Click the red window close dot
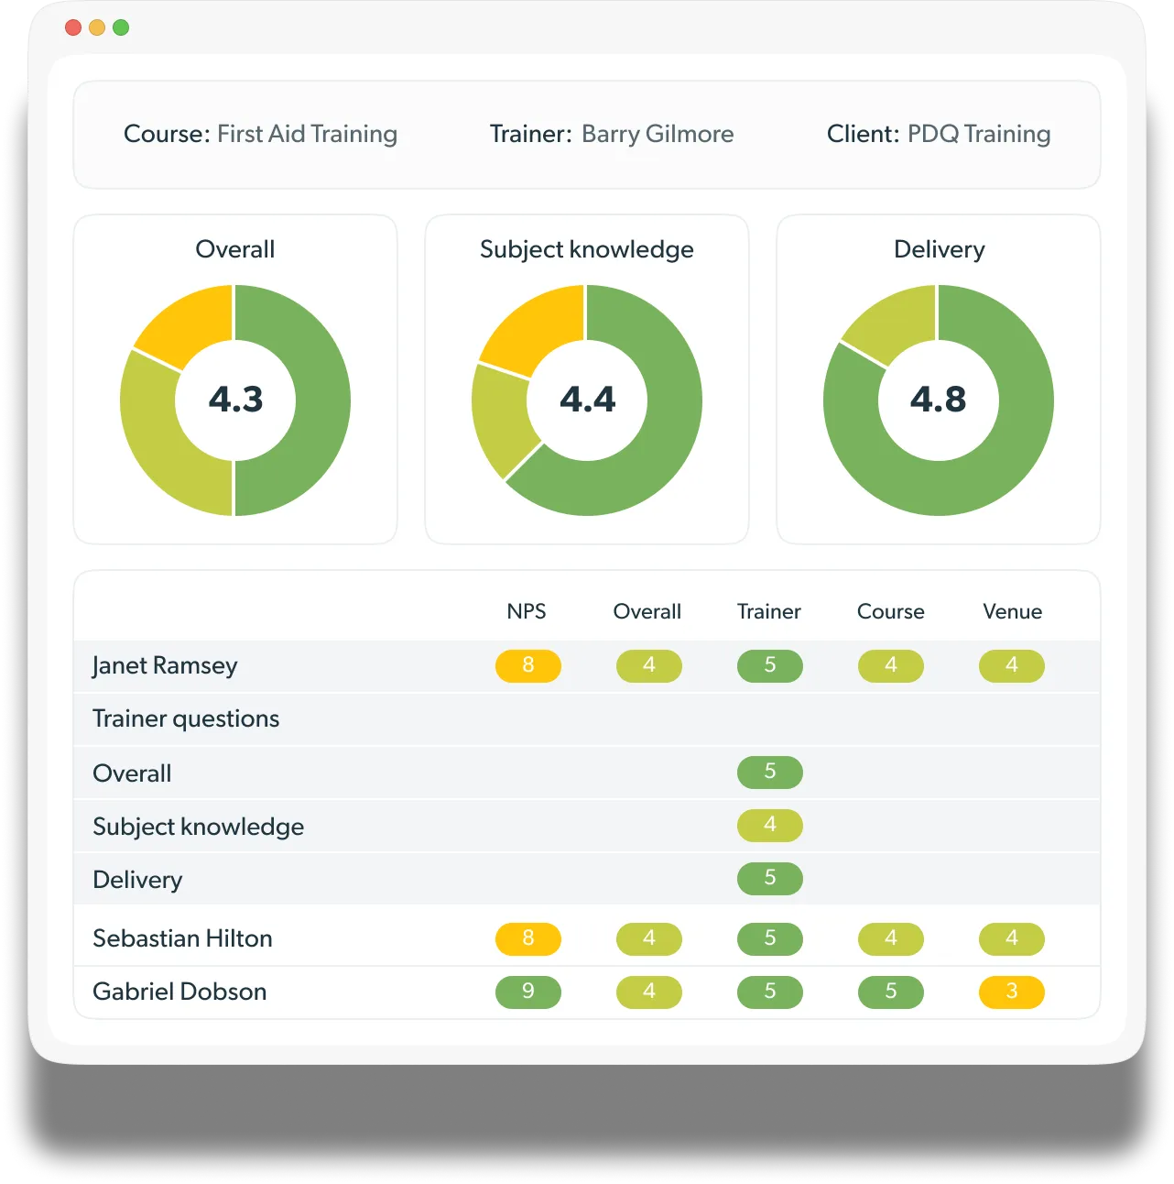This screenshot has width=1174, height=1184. click(x=73, y=27)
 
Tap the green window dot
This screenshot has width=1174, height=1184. click(x=121, y=27)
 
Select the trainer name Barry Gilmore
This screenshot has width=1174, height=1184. click(x=658, y=134)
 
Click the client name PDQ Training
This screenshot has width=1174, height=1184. click(x=979, y=134)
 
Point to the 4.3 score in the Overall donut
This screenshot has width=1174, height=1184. click(x=235, y=400)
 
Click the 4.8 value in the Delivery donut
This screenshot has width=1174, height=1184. click(x=939, y=400)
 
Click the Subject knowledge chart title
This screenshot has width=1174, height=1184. click(x=587, y=249)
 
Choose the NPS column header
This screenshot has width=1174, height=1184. click(x=527, y=611)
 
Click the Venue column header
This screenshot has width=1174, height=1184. click(x=1012, y=611)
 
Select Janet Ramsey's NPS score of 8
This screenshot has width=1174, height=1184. click(x=528, y=665)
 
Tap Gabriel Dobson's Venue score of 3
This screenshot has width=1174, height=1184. click(x=1012, y=992)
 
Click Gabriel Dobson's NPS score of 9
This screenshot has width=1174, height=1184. click(x=528, y=992)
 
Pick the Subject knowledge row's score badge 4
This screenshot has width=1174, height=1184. click(x=770, y=825)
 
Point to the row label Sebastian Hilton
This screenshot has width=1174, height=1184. click(x=182, y=938)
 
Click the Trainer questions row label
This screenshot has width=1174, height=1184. click(x=186, y=718)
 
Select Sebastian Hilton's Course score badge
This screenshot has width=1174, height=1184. click(x=891, y=938)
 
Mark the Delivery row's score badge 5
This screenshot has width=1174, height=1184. click(x=770, y=878)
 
